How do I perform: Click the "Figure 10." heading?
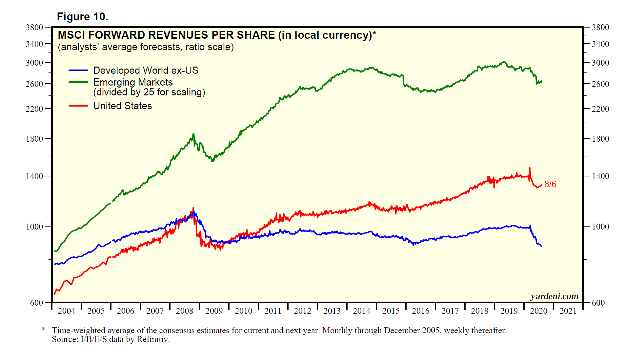(x=82, y=17)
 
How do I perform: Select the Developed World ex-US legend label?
(x=146, y=70)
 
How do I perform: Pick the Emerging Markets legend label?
(x=133, y=82)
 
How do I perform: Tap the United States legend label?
(x=123, y=106)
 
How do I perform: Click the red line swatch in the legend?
(x=78, y=106)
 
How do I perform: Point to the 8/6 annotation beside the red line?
(x=550, y=184)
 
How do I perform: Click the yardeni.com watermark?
(x=554, y=296)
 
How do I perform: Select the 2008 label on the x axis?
(x=184, y=311)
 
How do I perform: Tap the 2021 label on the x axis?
(x=568, y=311)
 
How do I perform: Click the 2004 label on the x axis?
(x=66, y=311)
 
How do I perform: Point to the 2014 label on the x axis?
(x=361, y=311)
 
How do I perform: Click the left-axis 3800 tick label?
(x=34, y=28)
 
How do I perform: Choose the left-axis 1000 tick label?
(x=34, y=227)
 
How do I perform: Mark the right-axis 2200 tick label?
(x=600, y=109)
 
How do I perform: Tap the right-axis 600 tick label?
(x=598, y=303)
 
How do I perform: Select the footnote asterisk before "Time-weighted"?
(x=44, y=329)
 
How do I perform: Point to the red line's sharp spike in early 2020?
(x=529, y=169)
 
